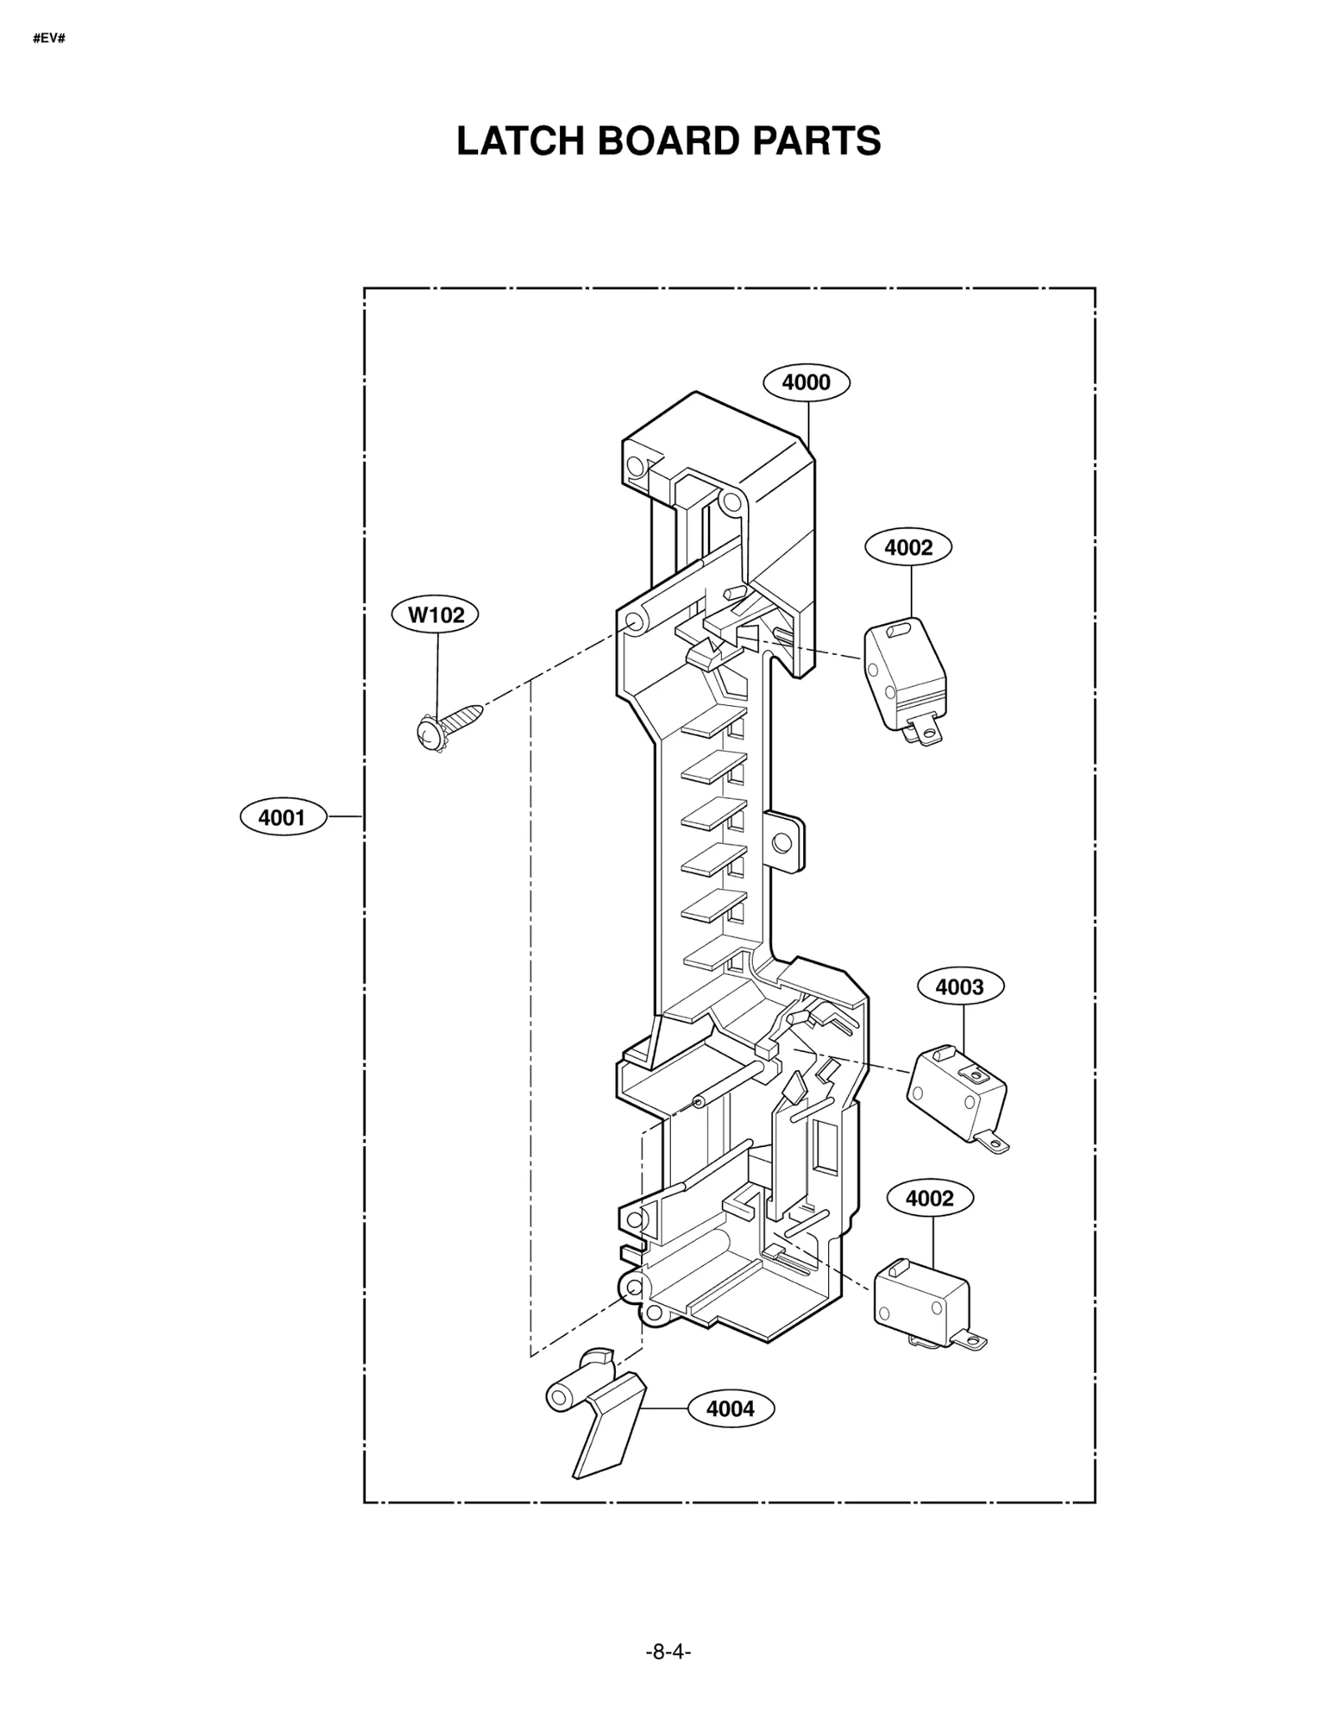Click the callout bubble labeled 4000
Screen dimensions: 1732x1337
806,383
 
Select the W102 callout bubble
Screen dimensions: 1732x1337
435,616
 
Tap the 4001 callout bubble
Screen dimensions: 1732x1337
282,817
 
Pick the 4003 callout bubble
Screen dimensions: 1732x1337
959,987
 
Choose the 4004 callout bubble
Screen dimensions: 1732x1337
730,1409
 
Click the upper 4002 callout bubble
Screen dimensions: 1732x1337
907,547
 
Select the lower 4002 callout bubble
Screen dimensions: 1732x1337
929,1198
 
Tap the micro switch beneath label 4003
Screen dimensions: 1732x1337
955,1090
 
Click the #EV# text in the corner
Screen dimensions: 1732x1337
49,38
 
